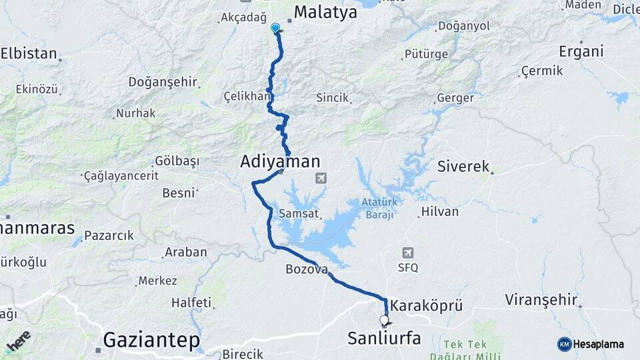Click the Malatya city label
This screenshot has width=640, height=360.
(325, 12)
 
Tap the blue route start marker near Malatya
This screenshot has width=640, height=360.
(275, 28)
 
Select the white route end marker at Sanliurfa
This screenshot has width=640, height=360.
(384, 320)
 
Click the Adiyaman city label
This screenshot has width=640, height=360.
(280, 161)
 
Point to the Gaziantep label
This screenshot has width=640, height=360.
(152, 341)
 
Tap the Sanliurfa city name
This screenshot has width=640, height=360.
(384, 338)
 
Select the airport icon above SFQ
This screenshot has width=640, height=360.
(407, 253)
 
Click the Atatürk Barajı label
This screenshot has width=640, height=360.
(379, 208)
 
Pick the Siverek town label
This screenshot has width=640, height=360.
(463, 167)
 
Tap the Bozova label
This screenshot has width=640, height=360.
(307, 269)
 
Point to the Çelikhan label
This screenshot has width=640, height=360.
(247, 97)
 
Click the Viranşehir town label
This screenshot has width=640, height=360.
(540, 298)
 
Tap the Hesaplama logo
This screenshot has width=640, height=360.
(591, 344)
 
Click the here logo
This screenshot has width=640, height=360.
(18, 340)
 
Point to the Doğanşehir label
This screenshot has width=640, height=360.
(163, 82)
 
